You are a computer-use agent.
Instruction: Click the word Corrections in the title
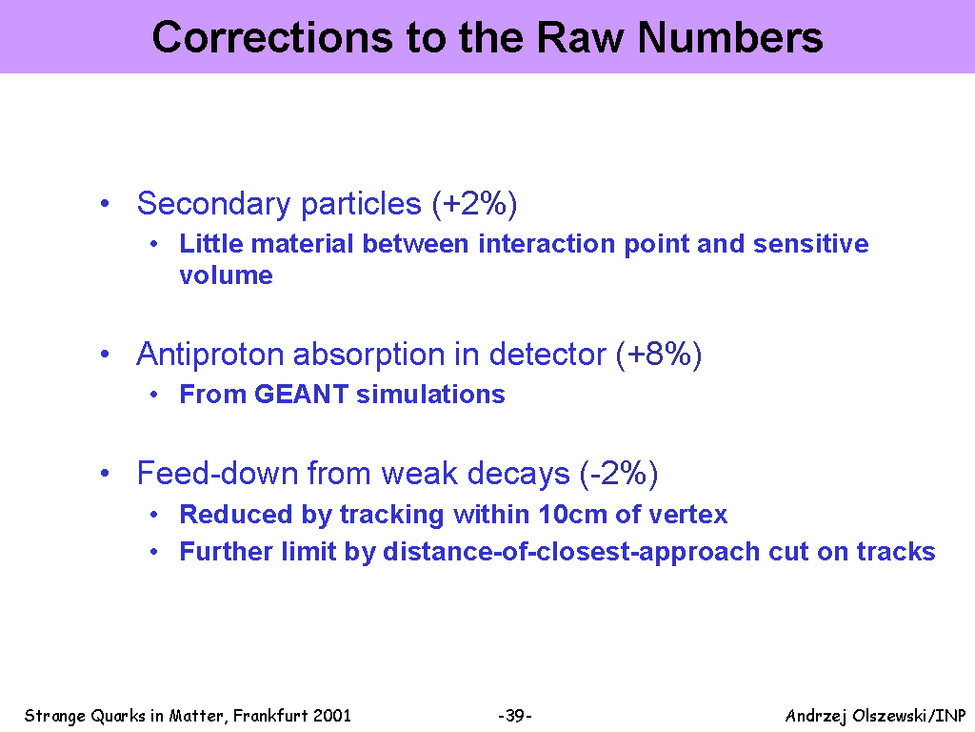[273, 37]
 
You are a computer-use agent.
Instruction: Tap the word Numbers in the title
[730, 37]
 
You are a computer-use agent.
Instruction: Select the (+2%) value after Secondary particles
[474, 204]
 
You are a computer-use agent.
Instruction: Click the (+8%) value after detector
[659, 355]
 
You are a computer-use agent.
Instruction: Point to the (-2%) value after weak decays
[619, 474]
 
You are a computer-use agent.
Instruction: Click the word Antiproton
[210, 355]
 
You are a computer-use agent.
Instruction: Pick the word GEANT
[301, 394]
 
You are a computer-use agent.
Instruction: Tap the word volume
[227, 275]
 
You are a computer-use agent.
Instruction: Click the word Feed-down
[217, 473]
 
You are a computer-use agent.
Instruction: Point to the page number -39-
[515, 716]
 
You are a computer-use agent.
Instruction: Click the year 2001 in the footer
[332, 716]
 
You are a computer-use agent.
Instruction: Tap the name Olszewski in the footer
[888, 716]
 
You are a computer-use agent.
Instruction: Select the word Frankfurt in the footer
[270, 716]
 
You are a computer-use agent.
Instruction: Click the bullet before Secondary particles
[105, 204]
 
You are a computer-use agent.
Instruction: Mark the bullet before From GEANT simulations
[153, 395]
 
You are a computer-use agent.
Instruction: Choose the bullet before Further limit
[153, 552]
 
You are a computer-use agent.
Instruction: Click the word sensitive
[811, 243]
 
